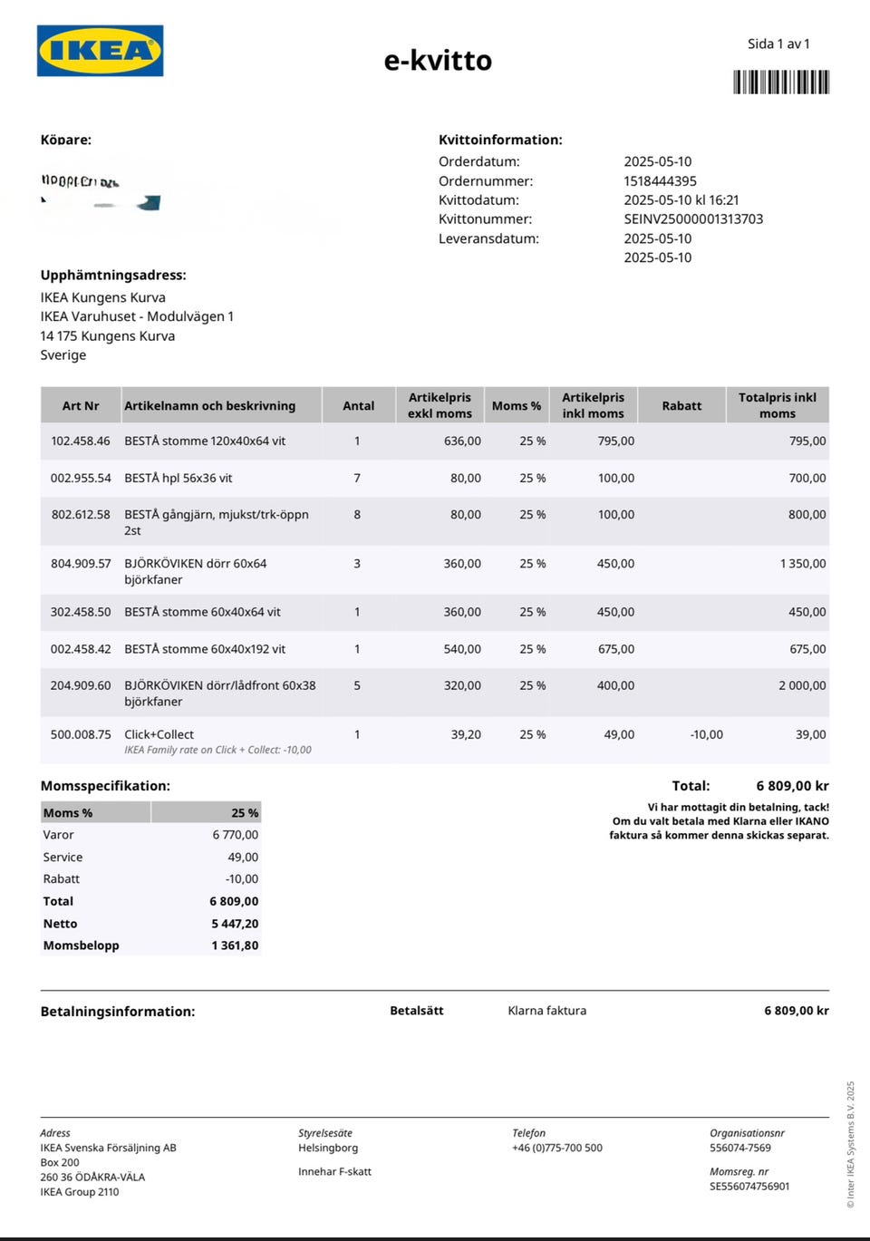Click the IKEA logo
click(100, 51)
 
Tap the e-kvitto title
click(438, 61)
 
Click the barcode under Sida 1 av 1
click(781, 82)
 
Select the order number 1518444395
click(660, 181)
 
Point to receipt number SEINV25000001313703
click(693, 219)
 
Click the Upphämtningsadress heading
click(113, 276)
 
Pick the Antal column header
click(358, 406)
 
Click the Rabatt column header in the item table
click(681, 406)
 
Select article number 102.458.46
click(81, 441)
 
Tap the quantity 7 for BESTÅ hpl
click(357, 478)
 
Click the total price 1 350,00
click(803, 564)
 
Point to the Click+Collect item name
click(159, 734)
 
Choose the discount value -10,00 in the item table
click(706, 734)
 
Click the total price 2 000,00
click(802, 686)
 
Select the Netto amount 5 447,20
click(235, 924)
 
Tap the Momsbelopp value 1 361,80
click(235, 945)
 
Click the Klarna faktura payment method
click(546, 1011)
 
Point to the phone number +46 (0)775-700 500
click(556, 1148)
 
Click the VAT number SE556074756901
click(749, 1187)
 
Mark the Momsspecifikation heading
click(105, 786)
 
